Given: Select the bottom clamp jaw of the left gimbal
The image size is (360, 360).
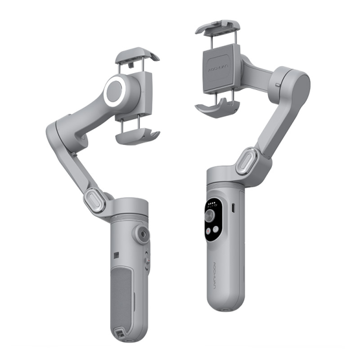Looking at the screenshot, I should (x=137, y=135).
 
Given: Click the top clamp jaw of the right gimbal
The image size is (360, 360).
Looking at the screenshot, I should (x=218, y=27).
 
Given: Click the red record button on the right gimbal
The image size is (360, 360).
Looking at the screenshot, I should (x=210, y=231).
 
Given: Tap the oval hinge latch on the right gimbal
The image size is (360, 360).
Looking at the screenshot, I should (x=247, y=162).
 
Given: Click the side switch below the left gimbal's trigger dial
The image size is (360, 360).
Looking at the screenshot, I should (x=147, y=260).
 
